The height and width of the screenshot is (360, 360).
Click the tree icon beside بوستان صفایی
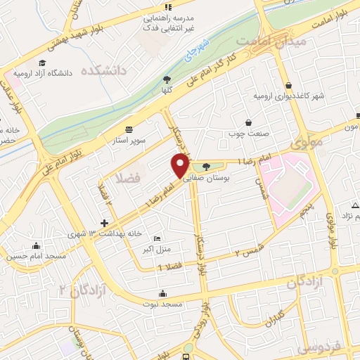205,167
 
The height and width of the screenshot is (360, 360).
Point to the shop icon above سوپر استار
129,129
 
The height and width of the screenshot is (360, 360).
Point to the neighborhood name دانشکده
103,71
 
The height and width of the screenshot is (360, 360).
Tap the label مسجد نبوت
165,304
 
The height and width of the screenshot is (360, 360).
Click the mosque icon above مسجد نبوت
163,292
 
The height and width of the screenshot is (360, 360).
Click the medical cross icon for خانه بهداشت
104,223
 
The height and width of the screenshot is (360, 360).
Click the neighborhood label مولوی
309,141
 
